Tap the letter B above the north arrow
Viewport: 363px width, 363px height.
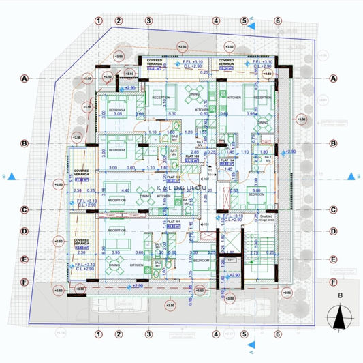click(x=339, y=296)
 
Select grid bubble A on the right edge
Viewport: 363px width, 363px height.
click(x=334, y=78)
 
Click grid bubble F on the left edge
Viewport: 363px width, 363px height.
click(x=25, y=282)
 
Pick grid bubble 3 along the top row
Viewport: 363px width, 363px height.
click(x=148, y=20)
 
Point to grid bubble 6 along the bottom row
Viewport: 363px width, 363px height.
click(x=278, y=334)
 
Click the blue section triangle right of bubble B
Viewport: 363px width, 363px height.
click(x=351, y=176)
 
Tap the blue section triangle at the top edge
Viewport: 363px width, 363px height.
click(x=251, y=25)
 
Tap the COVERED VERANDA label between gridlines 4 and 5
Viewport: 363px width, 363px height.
click(x=227, y=62)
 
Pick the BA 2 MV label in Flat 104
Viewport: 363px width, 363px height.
click(x=266, y=158)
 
